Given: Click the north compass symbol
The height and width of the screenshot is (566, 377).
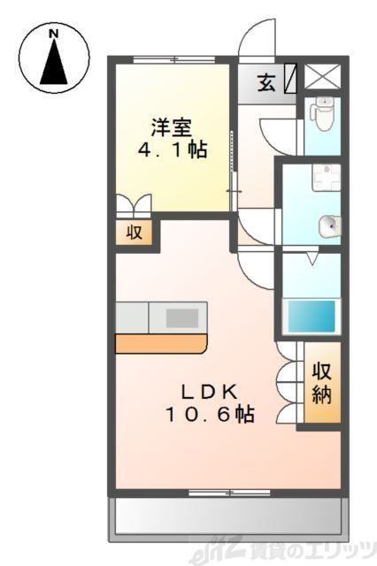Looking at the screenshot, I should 55,57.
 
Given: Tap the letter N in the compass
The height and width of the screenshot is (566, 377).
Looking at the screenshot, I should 54,34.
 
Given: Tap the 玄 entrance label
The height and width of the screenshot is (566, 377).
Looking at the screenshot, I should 266,85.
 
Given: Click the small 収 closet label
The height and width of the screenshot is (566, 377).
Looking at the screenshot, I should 134,233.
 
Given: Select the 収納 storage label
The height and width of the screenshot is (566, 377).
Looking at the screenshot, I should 319,382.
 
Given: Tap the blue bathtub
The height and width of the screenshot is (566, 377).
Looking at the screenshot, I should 311,314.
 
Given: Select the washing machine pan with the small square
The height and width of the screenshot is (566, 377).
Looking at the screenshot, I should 323,180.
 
